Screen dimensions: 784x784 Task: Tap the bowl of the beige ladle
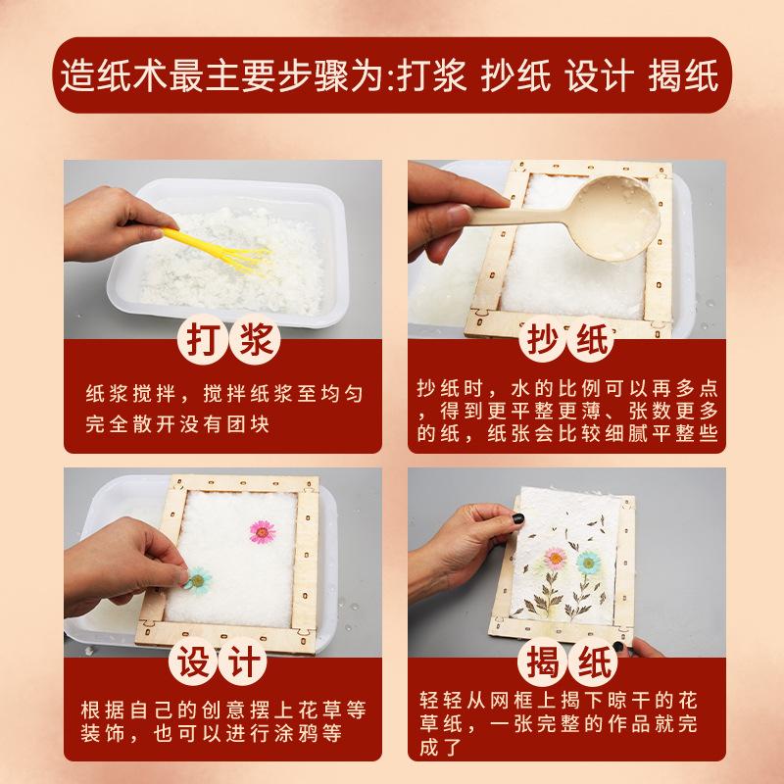[x=616, y=218]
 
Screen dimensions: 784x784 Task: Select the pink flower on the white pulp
[x=263, y=531]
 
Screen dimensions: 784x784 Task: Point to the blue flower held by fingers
[x=199, y=580]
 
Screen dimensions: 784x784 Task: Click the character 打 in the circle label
[x=203, y=339]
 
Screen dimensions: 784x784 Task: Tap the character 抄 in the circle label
[x=543, y=339]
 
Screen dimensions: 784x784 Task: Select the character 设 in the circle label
[x=192, y=661]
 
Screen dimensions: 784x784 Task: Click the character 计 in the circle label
[x=243, y=661]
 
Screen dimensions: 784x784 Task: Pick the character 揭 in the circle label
[x=542, y=662]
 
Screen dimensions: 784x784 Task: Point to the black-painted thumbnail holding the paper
[x=518, y=518]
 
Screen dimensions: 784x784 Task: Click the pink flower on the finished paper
[x=555, y=558]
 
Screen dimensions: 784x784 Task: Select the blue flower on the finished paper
[x=589, y=563]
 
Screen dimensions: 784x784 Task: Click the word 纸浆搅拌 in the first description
[x=130, y=394]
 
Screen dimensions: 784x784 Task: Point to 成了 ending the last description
[x=440, y=748]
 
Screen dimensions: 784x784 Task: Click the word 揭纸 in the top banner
[x=683, y=75]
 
